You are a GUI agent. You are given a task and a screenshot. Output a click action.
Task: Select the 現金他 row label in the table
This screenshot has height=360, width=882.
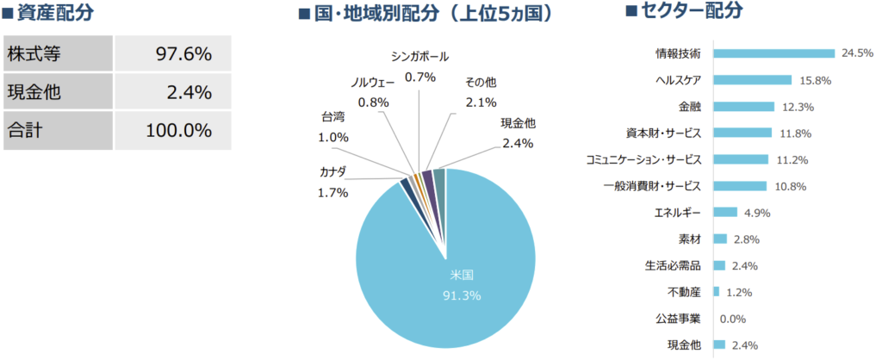[33, 92]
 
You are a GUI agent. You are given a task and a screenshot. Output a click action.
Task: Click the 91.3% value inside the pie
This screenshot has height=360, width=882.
[462, 295]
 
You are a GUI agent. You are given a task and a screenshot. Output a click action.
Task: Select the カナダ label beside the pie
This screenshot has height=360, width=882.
[333, 173]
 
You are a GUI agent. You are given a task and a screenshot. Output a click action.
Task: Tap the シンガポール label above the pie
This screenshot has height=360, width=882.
[419, 58]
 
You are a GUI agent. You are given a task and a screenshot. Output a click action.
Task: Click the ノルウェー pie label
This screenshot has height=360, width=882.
[373, 83]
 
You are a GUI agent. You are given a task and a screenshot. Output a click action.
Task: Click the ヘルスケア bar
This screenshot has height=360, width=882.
[752, 80]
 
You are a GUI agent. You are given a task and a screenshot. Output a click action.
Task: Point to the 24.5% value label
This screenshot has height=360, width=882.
[857, 53]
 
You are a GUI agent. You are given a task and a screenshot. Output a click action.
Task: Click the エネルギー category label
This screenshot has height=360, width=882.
[678, 213]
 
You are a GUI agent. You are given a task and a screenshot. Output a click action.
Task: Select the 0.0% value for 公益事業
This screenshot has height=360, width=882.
[732, 319]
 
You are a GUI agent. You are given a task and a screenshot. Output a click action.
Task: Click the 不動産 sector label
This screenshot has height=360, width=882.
[684, 292]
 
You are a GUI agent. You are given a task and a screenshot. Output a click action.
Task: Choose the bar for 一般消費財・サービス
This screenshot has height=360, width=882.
[739, 186]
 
